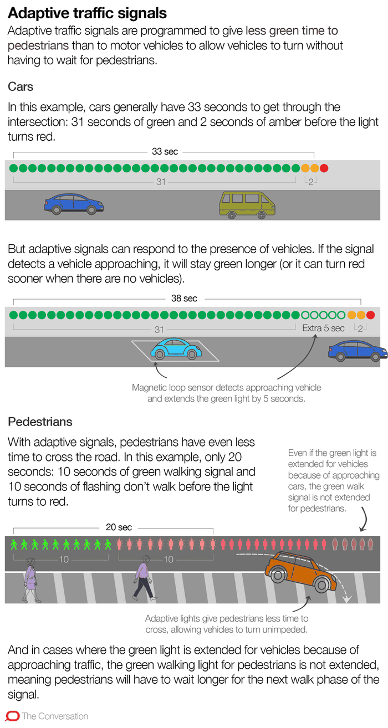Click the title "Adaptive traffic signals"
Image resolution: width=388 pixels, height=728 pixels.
[87, 13]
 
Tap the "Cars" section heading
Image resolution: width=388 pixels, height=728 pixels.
[21, 87]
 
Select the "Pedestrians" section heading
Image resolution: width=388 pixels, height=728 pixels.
[40, 422]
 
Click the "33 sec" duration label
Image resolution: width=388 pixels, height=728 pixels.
[165, 151]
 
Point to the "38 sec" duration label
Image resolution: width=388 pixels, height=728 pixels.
[184, 299]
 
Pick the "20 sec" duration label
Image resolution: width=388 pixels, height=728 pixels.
[119, 527]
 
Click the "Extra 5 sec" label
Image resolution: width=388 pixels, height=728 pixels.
[323, 328]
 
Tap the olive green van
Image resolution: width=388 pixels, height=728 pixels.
[247, 205]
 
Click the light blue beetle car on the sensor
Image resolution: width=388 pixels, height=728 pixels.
[176, 349]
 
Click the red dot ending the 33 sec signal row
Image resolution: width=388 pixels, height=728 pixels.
[324, 168]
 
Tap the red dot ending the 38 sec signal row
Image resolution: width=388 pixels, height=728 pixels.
[370, 315]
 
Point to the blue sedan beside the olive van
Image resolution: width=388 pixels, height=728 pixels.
[74, 204]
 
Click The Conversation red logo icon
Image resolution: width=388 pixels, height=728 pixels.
[12, 716]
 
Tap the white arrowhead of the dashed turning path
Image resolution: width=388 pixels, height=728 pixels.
[348, 598]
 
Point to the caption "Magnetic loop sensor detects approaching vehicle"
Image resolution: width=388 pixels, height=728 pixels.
[226, 388]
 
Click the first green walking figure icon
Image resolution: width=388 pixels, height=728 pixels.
[14, 545]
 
